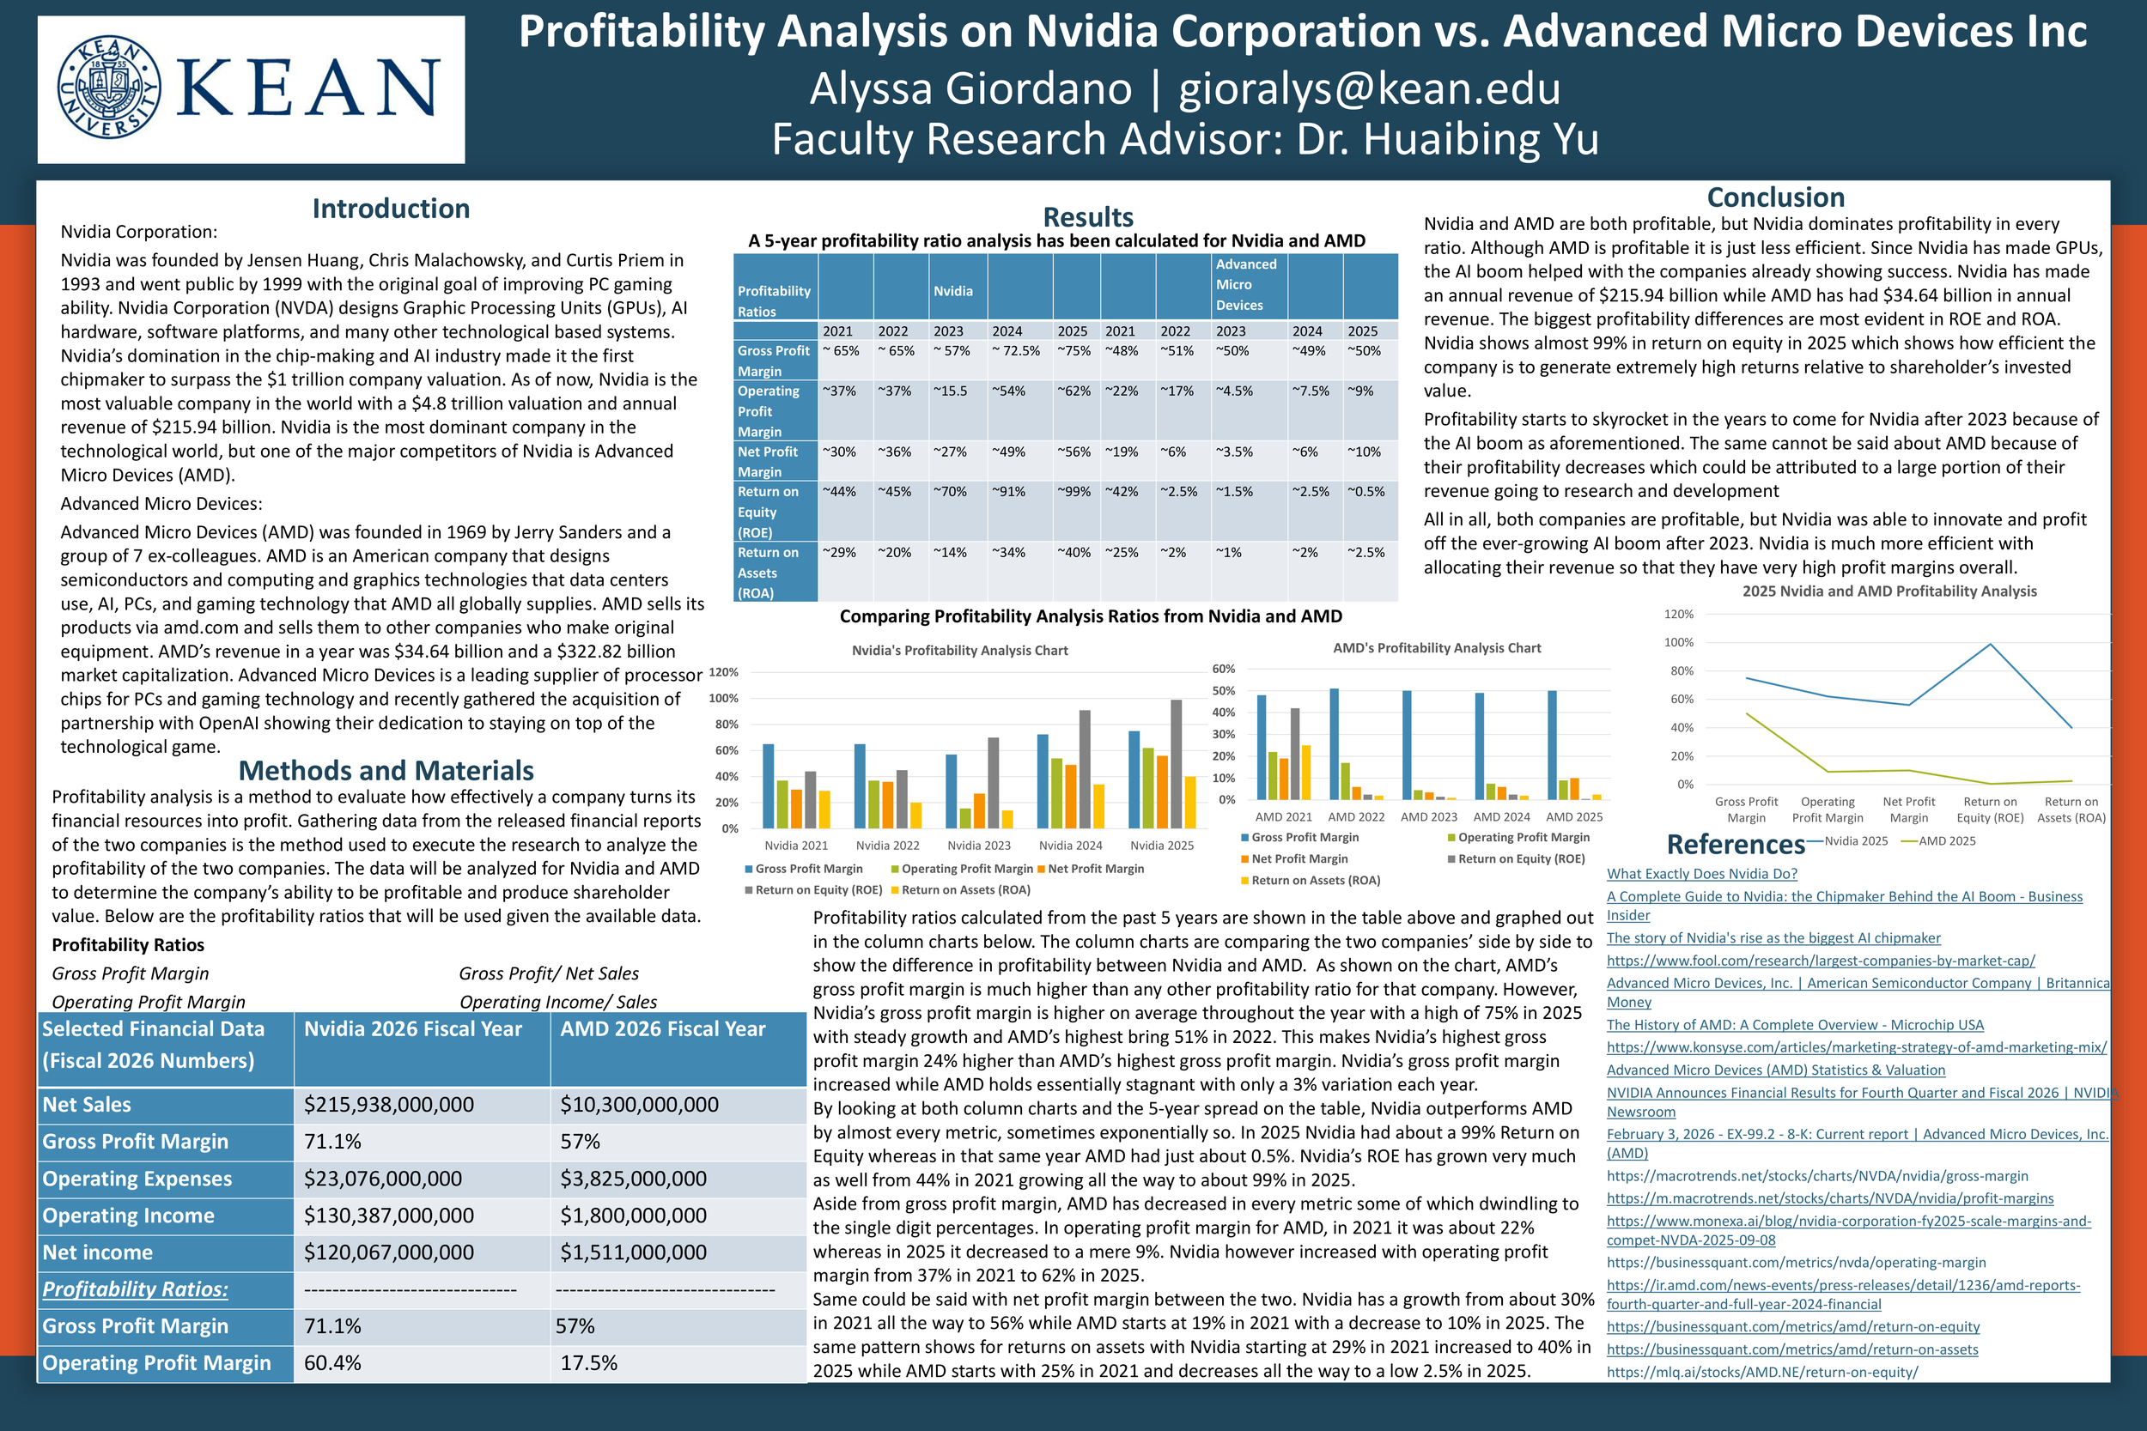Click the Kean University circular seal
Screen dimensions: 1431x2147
point(108,88)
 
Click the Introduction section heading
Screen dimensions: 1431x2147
point(391,209)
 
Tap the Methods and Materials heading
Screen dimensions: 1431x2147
point(386,770)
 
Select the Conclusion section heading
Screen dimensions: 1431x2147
point(1775,197)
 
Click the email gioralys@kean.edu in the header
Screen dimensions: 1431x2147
point(1369,88)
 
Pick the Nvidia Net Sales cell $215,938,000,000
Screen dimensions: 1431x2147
point(389,1104)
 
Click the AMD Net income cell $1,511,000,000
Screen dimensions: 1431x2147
point(634,1252)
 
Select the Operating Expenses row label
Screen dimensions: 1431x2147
point(137,1179)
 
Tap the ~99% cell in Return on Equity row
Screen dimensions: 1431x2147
point(1074,492)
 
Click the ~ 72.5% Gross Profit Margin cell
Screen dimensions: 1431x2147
point(1016,351)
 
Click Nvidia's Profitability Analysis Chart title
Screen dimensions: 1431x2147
point(959,651)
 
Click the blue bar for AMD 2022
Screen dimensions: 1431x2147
point(1335,743)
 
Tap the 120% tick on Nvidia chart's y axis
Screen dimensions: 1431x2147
point(723,673)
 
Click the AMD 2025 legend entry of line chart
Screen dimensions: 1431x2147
point(1945,841)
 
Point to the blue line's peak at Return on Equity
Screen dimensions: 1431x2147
point(1990,645)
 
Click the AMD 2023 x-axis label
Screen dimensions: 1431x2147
point(1428,817)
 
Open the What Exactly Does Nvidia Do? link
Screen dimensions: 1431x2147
point(1701,873)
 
